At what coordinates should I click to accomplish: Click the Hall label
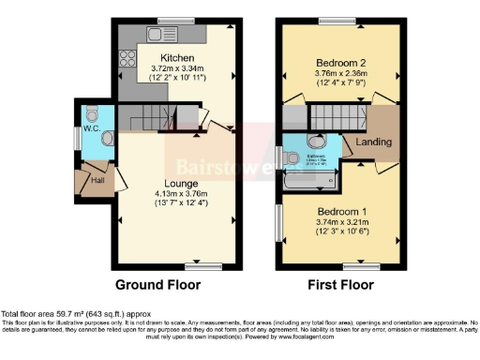coord(97,179)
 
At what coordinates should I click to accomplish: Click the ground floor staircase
coord(152,118)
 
